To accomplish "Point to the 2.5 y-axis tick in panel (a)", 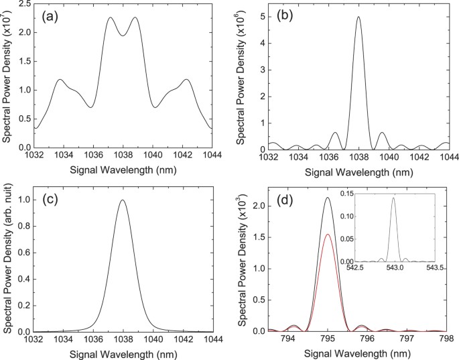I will pos(22,5).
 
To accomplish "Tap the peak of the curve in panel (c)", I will pos(122,200).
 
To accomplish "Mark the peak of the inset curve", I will pos(393,198).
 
